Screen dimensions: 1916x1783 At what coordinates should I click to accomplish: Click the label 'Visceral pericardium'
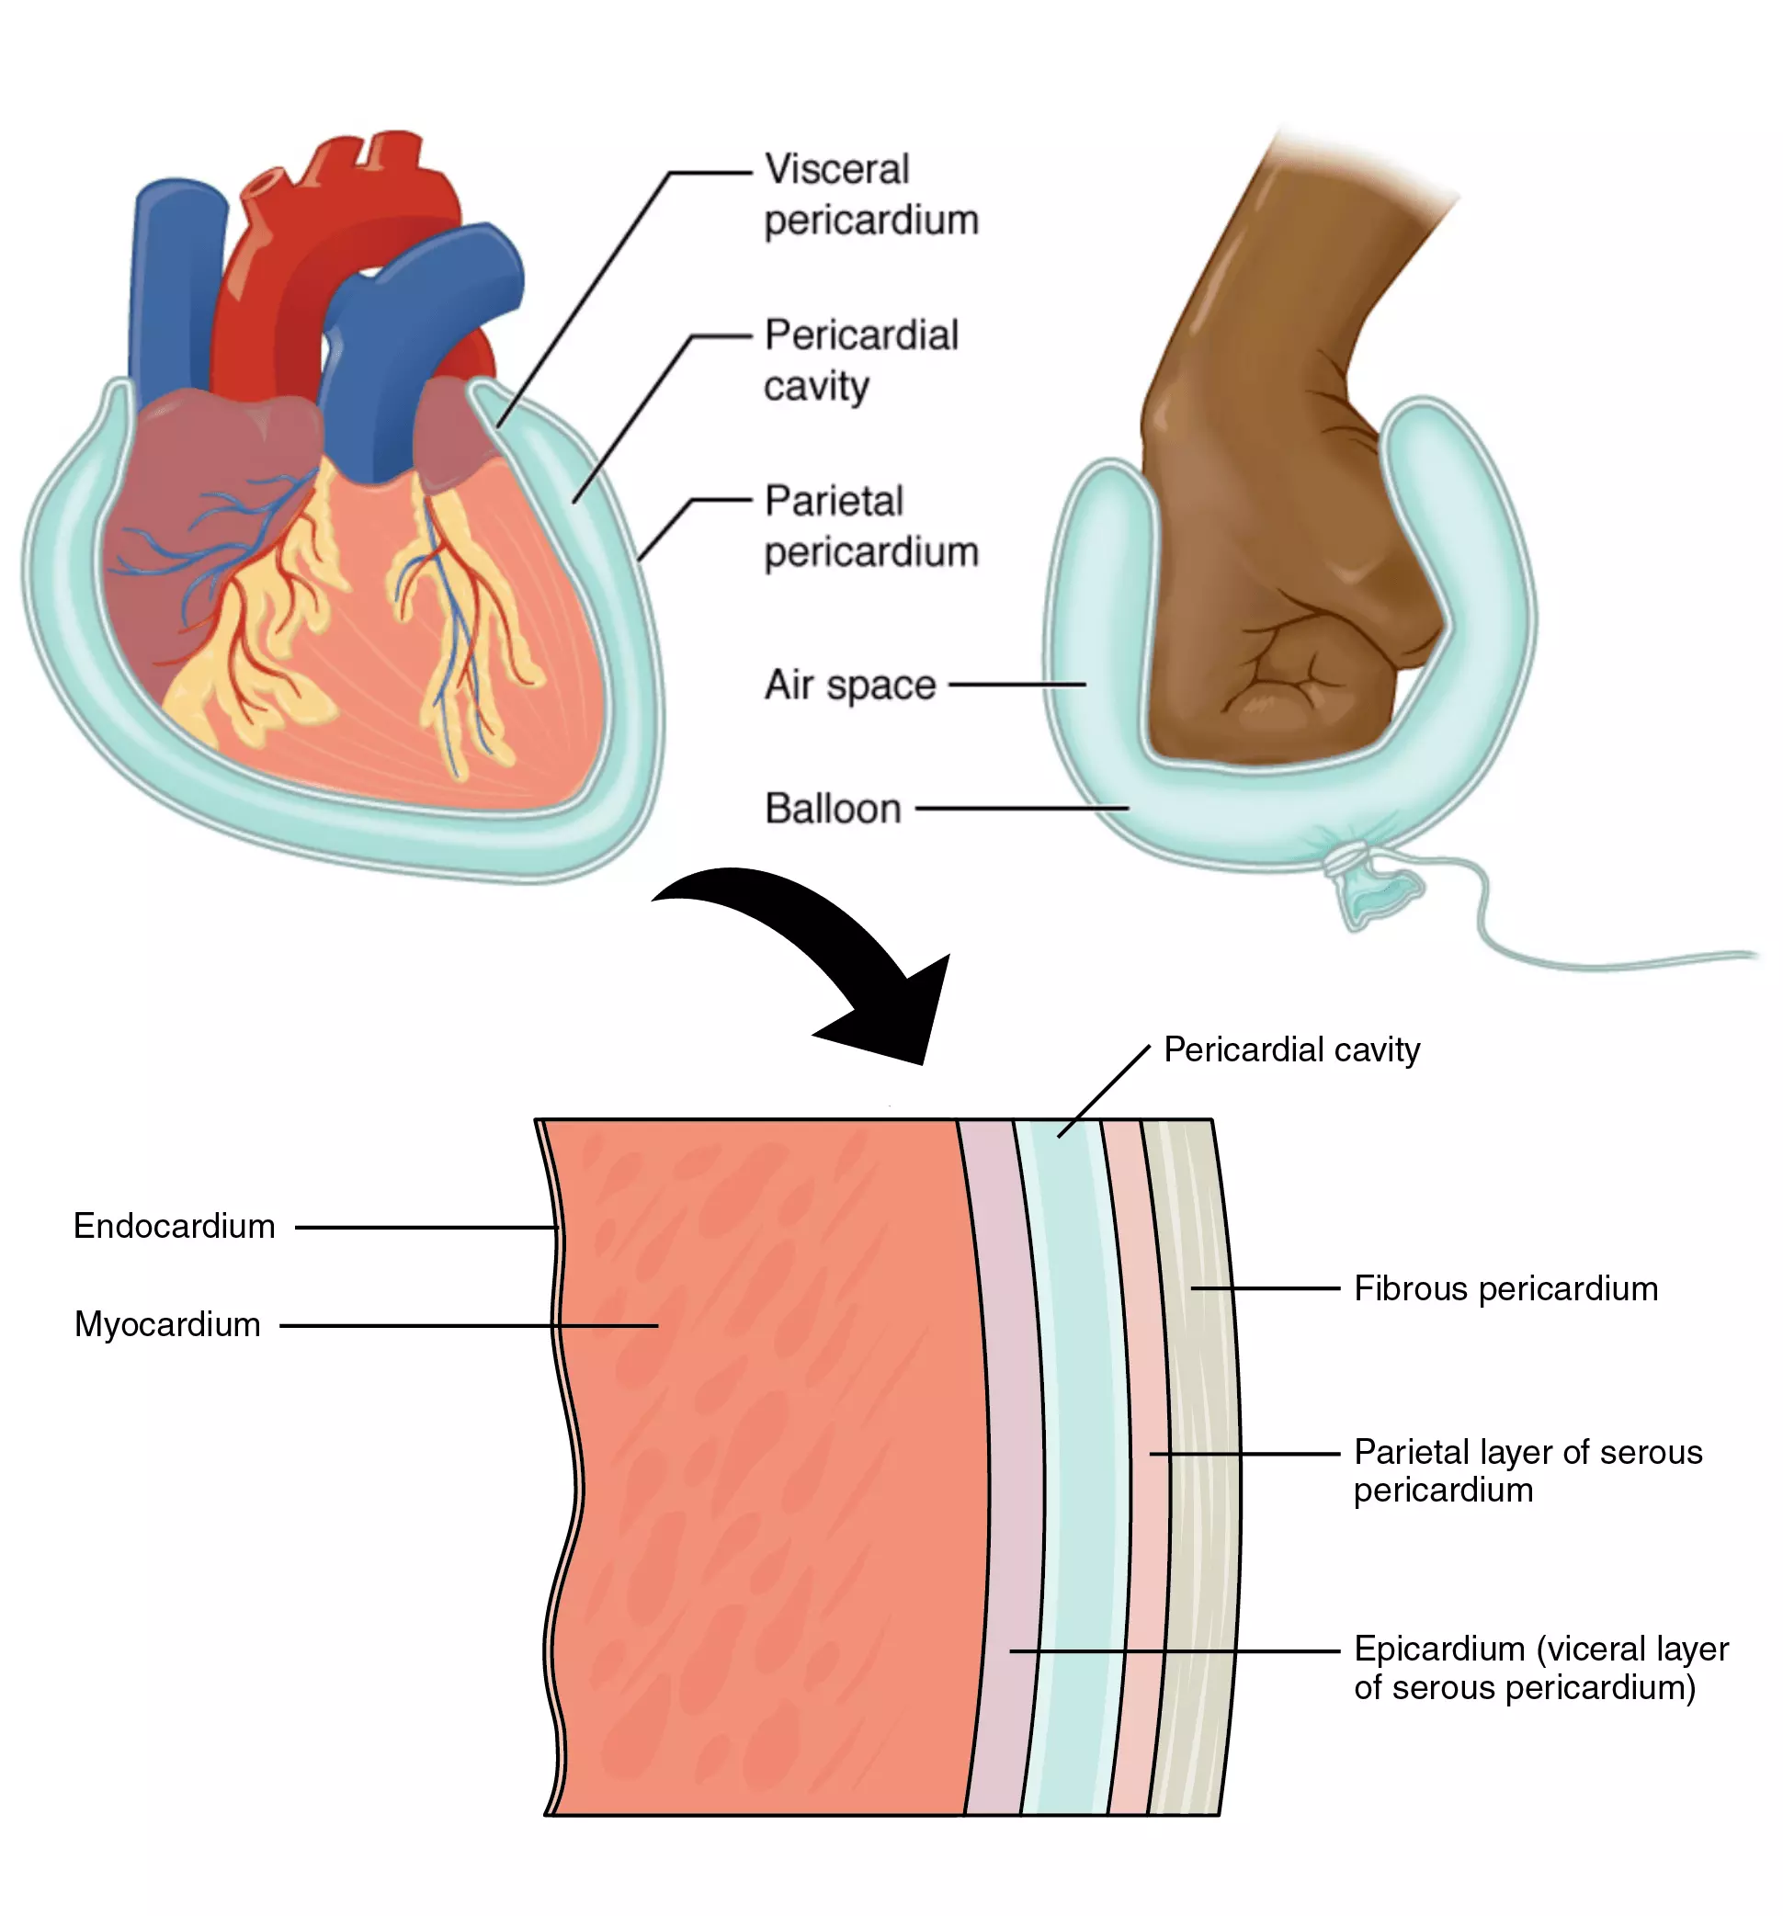[870, 194]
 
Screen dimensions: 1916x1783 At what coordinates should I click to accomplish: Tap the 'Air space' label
[849, 686]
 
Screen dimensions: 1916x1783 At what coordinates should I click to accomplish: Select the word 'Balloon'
[833, 809]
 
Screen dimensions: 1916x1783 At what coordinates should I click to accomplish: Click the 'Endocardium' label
[175, 1226]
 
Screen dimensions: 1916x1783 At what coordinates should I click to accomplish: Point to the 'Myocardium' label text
[167, 1324]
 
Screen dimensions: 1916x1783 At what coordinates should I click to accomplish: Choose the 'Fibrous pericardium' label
[1505, 1288]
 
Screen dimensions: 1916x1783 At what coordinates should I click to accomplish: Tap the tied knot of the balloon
[1347, 853]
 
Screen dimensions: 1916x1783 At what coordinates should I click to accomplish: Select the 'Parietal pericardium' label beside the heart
[870, 527]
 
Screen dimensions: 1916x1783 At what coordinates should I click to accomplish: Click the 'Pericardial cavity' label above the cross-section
[1291, 1049]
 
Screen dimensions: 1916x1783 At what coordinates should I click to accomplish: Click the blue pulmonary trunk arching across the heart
[424, 318]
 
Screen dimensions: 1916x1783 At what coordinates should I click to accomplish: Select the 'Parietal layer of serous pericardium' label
[1527, 1470]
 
